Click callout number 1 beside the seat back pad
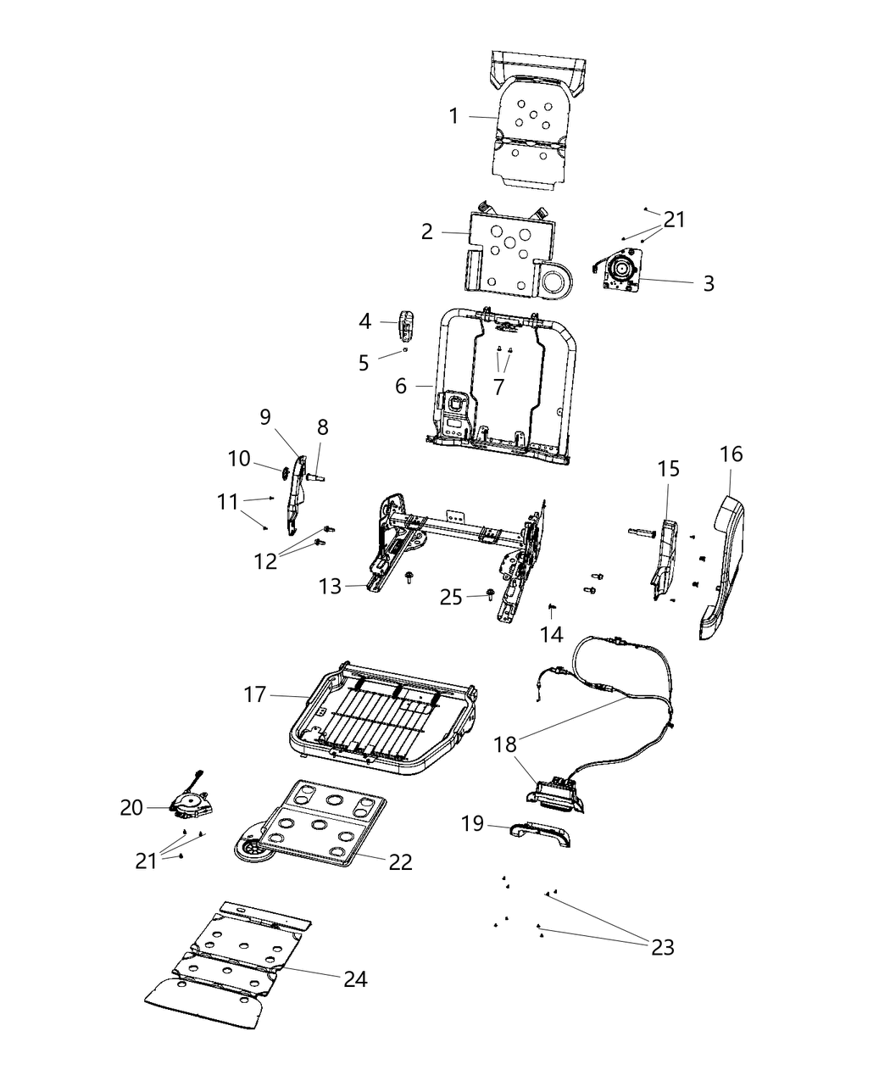pos(453,116)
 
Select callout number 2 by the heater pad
pos(427,231)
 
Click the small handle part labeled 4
pos(408,324)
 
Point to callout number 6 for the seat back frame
pos(401,386)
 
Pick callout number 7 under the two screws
pos(498,387)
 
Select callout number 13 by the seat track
pos(330,586)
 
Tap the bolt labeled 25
pos(490,596)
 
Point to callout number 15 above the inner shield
pos(668,468)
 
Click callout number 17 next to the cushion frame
pos(255,695)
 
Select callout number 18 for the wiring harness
pos(505,744)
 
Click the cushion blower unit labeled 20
pos(192,801)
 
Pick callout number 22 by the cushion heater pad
pos(400,862)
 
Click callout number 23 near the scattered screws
pos(663,947)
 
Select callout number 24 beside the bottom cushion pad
pos(355,979)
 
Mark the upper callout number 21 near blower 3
pos(674,220)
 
